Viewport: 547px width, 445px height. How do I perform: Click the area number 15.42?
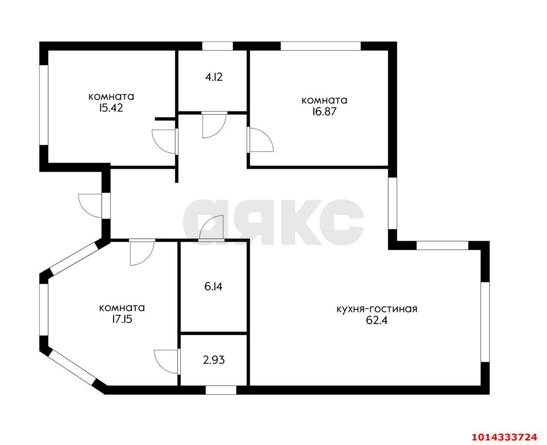point(111,108)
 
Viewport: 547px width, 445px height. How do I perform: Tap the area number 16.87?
point(324,111)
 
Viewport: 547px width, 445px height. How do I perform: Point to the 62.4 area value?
point(376,321)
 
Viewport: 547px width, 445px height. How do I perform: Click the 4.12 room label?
point(214,77)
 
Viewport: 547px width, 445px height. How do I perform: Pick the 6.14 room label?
point(213,287)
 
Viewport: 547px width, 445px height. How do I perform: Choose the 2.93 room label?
point(214,360)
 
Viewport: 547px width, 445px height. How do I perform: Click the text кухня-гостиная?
point(377,309)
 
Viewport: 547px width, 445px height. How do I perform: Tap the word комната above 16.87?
point(324,100)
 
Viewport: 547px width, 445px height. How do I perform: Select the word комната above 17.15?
point(122,308)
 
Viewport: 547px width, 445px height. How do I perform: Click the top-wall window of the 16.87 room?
point(321,46)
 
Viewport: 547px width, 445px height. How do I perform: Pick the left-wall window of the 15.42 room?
point(44,105)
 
